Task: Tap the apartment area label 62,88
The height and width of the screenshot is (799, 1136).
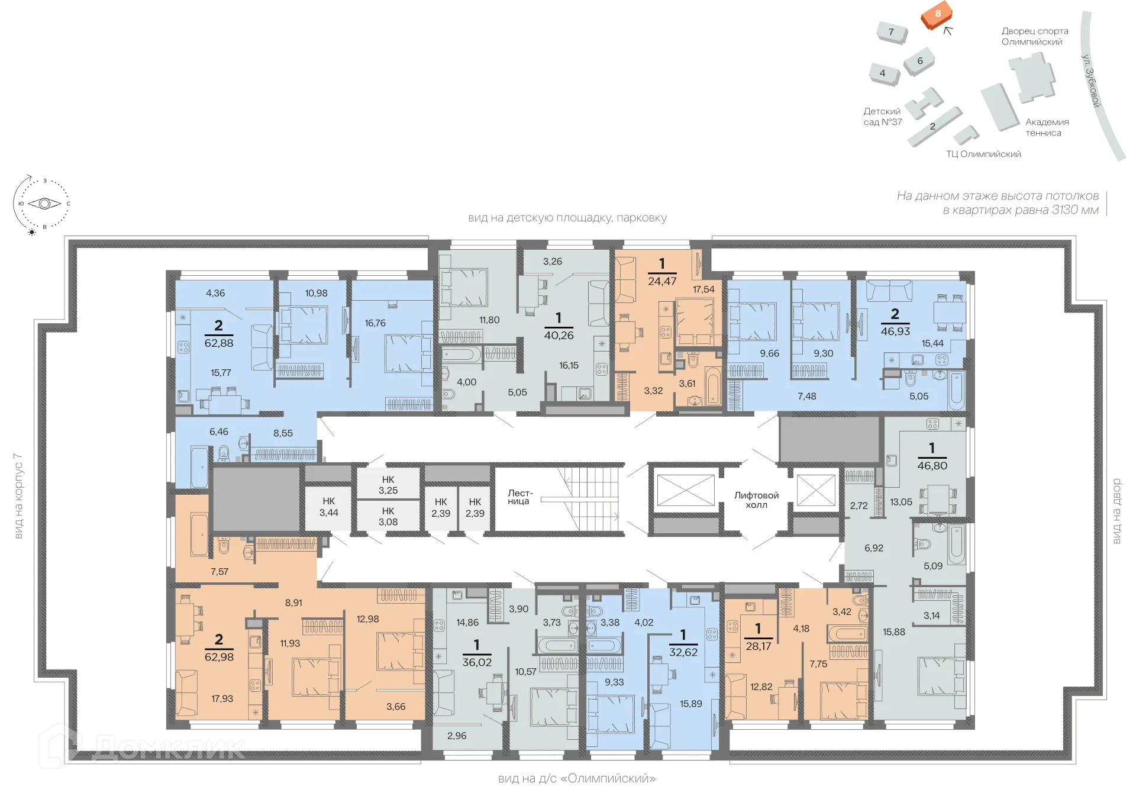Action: [x=219, y=343]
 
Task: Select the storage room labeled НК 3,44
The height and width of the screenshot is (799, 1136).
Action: [x=328, y=507]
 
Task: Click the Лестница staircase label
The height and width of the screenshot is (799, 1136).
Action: [x=519, y=497]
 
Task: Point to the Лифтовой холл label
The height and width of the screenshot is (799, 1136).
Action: [x=756, y=500]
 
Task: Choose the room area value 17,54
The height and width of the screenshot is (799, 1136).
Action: [x=703, y=289]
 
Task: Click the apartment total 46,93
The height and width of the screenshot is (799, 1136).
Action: [x=895, y=331]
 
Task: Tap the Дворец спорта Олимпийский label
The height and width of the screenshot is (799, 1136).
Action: [x=1034, y=36]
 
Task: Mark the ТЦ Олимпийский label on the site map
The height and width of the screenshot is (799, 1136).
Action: [x=983, y=154]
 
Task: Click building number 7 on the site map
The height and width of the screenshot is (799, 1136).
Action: [x=891, y=32]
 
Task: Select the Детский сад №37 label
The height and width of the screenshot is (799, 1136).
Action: [x=882, y=117]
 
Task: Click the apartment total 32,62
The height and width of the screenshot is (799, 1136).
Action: [x=683, y=652]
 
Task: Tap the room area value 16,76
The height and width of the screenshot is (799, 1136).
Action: [x=375, y=323]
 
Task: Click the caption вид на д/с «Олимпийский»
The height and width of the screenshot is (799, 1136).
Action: [x=576, y=778]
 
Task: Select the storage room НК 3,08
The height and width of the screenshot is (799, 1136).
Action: [x=388, y=517]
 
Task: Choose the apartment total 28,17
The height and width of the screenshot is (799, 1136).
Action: [x=758, y=646]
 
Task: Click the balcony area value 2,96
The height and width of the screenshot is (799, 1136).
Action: [x=457, y=736]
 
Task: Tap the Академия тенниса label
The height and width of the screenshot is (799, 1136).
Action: [x=1047, y=127]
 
